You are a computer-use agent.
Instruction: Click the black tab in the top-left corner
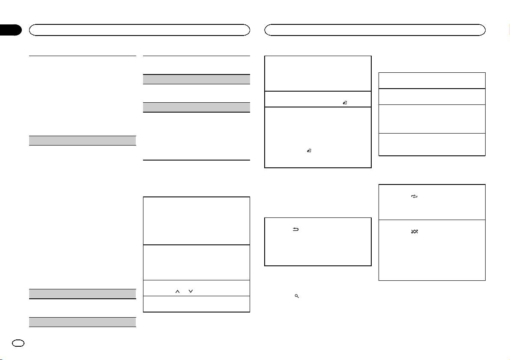pos(10,30)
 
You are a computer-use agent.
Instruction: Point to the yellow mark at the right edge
pos(509,30)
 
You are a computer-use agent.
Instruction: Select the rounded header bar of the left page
pos(139,30)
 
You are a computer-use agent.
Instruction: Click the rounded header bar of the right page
pos(375,30)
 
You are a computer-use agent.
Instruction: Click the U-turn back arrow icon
pos(295,229)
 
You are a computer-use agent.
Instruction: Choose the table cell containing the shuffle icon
pos(432,250)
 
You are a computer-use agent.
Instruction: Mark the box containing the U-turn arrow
pos(317,241)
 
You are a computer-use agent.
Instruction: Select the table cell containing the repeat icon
pos(432,202)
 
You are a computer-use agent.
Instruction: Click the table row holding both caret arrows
pos(196,288)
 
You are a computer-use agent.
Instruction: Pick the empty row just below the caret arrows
pos(196,303)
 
